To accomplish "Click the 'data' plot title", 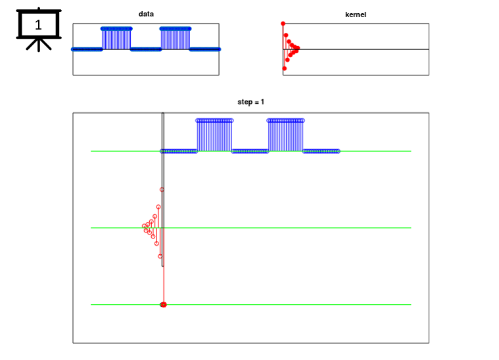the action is point(146,14).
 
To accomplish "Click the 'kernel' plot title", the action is point(356,14).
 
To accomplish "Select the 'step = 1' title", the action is point(250,102).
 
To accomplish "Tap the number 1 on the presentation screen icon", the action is point(38,25).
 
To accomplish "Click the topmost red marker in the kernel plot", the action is point(283,24).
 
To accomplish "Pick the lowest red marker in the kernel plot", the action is point(285,68).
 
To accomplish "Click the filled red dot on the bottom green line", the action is point(164,305).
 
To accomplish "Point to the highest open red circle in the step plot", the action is point(162,190).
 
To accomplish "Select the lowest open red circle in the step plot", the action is point(160,256).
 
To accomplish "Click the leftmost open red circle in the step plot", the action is point(144,226).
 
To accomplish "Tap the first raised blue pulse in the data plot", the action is point(116,38).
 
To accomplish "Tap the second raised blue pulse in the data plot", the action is point(176,38).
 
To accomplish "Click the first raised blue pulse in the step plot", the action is point(214,135).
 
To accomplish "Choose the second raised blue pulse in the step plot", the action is point(285,135).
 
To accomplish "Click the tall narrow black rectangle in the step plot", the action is point(163,189).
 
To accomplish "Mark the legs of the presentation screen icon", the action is point(39,45).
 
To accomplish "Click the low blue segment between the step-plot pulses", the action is point(250,151).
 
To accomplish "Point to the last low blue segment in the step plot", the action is point(321,151).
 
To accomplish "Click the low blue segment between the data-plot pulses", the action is point(146,49).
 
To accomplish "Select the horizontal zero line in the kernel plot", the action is point(356,49).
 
